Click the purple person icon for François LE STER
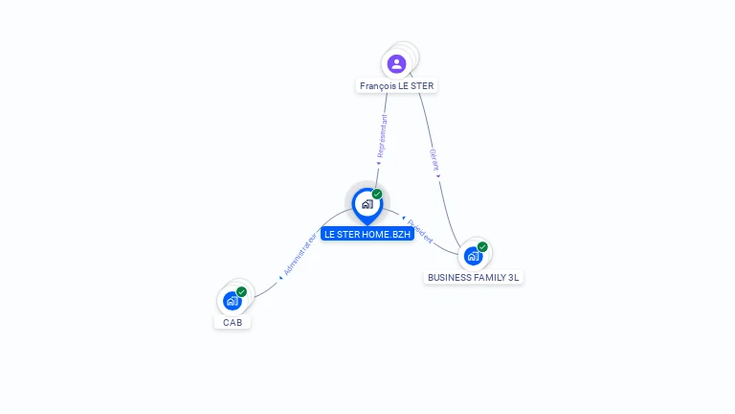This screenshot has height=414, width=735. (x=396, y=63)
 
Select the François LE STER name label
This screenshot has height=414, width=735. (x=396, y=86)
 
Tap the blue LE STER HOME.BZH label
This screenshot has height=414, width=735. (x=367, y=234)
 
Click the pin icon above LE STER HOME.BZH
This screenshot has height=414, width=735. (x=367, y=204)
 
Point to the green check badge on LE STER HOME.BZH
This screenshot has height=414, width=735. (x=377, y=194)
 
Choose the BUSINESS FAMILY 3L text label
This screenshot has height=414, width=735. (x=474, y=277)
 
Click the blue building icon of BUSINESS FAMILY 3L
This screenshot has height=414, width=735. (x=473, y=256)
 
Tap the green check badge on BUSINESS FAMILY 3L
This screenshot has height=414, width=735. (x=482, y=246)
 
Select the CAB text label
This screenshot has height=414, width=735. (x=233, y=322)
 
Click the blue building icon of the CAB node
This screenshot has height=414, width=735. (x=232, y=301)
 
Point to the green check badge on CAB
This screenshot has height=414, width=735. (x=241, y=291)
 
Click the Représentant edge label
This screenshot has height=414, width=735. (x=381, y=139)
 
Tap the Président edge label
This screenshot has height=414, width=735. (x=419, y=229)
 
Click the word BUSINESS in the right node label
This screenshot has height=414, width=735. (x=448, y=277)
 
